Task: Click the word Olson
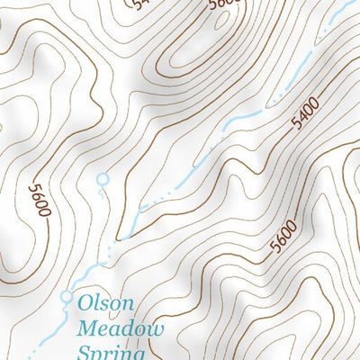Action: (x=107, y=304)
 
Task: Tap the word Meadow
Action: (x=121, y=329)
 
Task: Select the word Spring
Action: (x=112, y=352)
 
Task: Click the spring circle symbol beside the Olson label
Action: (x=67, y=295)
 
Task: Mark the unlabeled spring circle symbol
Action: (x=102, y=180)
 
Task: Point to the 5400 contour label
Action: (x=305, y=116)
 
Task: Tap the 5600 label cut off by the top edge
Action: (x=223, y=4)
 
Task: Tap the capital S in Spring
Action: (x=85, y=352)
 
